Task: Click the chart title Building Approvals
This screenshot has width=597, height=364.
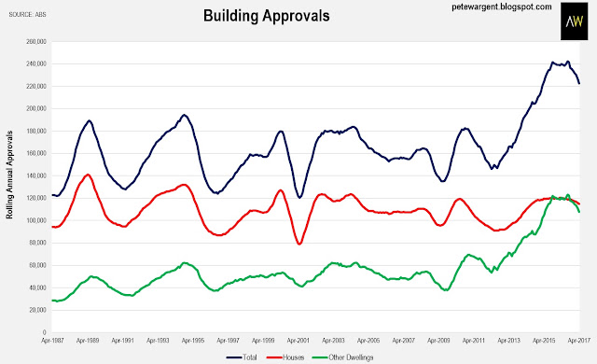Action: tap(267, 16)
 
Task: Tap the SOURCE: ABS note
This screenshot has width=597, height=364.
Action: tap(27, 15)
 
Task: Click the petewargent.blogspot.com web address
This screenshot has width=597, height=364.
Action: tap(502, 7)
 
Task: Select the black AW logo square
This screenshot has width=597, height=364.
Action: tap(575, 21)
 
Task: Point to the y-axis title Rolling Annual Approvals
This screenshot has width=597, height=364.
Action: tap(9, 175)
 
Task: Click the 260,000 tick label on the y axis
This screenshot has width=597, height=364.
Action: tap(36, 41)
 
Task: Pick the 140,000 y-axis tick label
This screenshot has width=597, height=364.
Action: tap(36, 175)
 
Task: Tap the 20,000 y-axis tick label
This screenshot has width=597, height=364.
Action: tap(37, 310)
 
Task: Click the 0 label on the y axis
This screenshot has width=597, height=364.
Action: tap(44, 333)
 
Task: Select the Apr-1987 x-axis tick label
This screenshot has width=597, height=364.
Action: tap(52, 341)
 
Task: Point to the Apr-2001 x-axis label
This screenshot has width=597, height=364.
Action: tap(298, 341)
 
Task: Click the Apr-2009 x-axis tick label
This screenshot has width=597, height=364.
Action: tap(439, 341)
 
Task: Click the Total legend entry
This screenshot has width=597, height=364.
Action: tap(242, 357)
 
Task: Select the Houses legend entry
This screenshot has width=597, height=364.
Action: tap(285, 357)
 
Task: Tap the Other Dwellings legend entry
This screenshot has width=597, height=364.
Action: tap(342, 357)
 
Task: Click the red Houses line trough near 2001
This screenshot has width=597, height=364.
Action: tap(299, 244)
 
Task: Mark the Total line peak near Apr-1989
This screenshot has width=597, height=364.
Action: tap(90, 120)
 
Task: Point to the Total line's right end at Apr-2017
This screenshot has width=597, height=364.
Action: tap(579, 83)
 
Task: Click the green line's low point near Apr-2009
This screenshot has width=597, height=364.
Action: tap(446, 290)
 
